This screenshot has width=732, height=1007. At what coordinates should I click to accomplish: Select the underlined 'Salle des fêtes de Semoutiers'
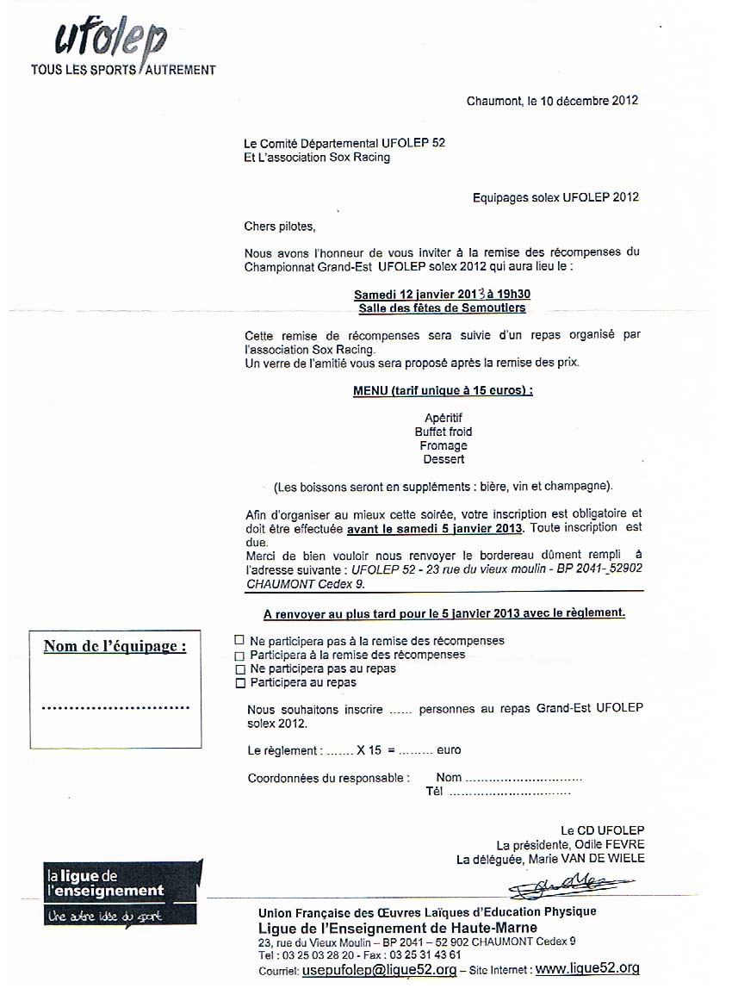pos(442,308)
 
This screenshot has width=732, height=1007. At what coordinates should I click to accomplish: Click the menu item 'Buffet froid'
pos(443,432)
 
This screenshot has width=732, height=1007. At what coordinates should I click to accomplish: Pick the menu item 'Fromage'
pos(444,445)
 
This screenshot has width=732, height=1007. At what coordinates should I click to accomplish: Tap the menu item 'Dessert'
pos(444,459)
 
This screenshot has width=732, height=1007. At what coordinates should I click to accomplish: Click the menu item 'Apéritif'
pos(444,418)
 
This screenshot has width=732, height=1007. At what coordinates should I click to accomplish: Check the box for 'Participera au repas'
pos(239,683)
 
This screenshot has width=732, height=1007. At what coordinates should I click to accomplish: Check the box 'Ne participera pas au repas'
pos(239,669)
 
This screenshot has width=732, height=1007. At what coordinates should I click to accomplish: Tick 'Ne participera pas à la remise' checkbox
pos(239,641)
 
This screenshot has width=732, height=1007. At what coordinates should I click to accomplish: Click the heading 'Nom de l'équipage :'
pos(115,646)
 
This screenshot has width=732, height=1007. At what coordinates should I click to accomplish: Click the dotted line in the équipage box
pos(115,708)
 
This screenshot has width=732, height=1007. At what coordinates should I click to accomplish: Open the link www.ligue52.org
pos(587,969)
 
